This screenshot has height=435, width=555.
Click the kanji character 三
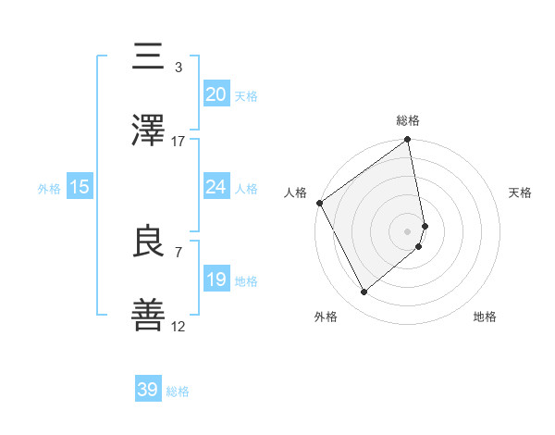pyautogui.click(x=150, y=57)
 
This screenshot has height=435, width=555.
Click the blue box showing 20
pyautogui.click(x=216, y=94)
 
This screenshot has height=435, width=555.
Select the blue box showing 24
pyautogui.click(x=216, y=187)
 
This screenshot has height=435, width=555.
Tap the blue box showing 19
pyautogui.click(x=216, y=280)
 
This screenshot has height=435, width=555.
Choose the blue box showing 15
pyautogui.click(x=80, y=187)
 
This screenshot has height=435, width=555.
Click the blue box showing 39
pyautogui.click(x=148, y=390)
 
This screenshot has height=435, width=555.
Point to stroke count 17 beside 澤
pyautogui.click(x=179, y=142)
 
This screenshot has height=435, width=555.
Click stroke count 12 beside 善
pyautogui.click(x=179, y=327)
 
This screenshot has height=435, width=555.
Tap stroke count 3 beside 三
pyautogui.click(x=179, y=68)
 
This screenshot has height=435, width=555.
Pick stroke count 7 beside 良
pyautogui.click(x=179, y=252)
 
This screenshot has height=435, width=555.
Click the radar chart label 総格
pyautogui.click(x=408, y=120)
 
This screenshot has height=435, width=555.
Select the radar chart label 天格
pyautogui.click(x=521, y=193)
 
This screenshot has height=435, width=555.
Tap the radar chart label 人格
pyautogui.click(x=295, y=193)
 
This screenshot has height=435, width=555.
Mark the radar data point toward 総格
pyautogui.click(x=408, y=141)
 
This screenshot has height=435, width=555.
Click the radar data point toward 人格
pyautogui.click(x=320, y=203)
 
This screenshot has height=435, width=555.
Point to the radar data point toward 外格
pyautogui.click(x=364, y=292)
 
